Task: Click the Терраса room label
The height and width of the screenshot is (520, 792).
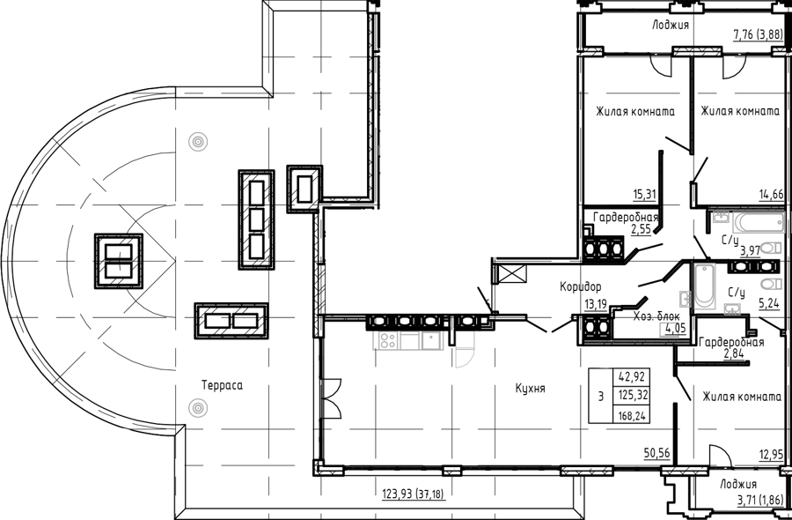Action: tap(222, 385)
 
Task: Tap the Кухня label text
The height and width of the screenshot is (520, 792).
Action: tap(531, 389)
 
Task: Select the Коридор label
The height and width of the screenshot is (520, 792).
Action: tap(581, 286)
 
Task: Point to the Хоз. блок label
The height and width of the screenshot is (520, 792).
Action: tap(656, 316)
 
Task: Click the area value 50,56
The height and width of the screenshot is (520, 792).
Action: tap(657, 453)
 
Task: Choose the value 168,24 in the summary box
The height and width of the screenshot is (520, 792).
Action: tap(630, 416)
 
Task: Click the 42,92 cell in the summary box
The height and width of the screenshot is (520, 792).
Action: tap(631, 377)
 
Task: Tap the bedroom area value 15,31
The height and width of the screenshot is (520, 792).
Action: tap(644, 193)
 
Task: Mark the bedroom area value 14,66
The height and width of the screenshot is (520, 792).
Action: tap(771, 193)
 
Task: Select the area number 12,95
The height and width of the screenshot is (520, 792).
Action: tap(771, 454)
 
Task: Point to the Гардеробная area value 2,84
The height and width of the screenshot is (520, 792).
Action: tap(736, 353)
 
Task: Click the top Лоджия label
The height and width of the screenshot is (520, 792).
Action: tap(671, 25)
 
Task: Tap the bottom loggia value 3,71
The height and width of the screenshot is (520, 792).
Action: tap(747, 501)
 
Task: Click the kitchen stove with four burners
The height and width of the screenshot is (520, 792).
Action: tap(386, 341)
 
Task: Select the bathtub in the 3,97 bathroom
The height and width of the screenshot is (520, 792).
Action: tap(759, 223)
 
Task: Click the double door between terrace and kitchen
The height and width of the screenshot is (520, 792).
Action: tap(331, 398)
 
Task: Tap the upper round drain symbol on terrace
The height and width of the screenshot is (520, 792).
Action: tap(197, 142)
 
